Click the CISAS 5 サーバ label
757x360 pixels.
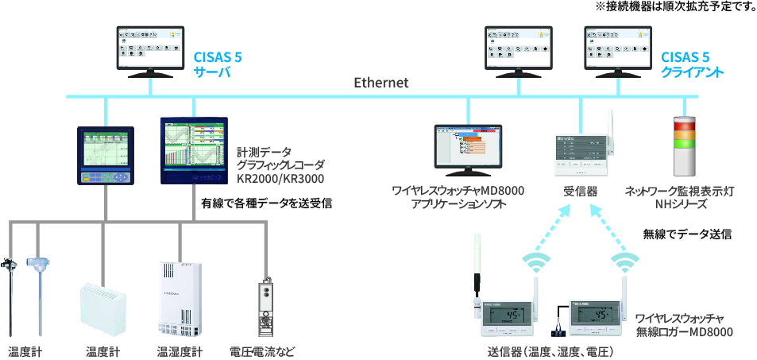click(218, 64)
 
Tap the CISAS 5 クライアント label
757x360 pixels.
click(692, 64)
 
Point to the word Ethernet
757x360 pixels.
click(381, 83)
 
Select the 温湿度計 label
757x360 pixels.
click(180, 350)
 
